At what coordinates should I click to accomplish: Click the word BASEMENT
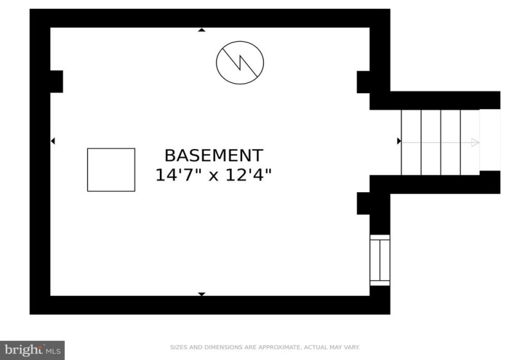pos(214,156)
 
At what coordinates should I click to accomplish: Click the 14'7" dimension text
pos(178,175)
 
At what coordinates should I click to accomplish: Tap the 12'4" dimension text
pos(249,175)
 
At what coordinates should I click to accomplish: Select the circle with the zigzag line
pos(240,62)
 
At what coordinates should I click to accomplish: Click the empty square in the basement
pos(111,170)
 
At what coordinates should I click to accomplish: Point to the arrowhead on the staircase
pos(475,143)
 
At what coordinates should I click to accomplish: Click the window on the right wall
pos(380,260)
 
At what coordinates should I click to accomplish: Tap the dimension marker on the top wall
pos(202,30)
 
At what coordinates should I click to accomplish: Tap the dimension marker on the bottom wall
pos(202,294)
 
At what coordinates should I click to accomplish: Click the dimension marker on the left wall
pos(53,141)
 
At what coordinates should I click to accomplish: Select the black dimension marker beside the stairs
pos(399,141)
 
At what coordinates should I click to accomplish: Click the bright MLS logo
pos(33,350)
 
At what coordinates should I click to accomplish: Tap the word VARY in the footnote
pos(352,347)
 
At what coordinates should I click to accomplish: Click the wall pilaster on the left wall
pos(57,82)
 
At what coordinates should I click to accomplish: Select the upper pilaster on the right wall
pos(364,82)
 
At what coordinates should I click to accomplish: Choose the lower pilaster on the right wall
pos(364,203)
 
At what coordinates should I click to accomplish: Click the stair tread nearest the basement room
pos(411,143)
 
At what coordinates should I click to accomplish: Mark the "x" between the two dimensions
pos(213,176)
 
